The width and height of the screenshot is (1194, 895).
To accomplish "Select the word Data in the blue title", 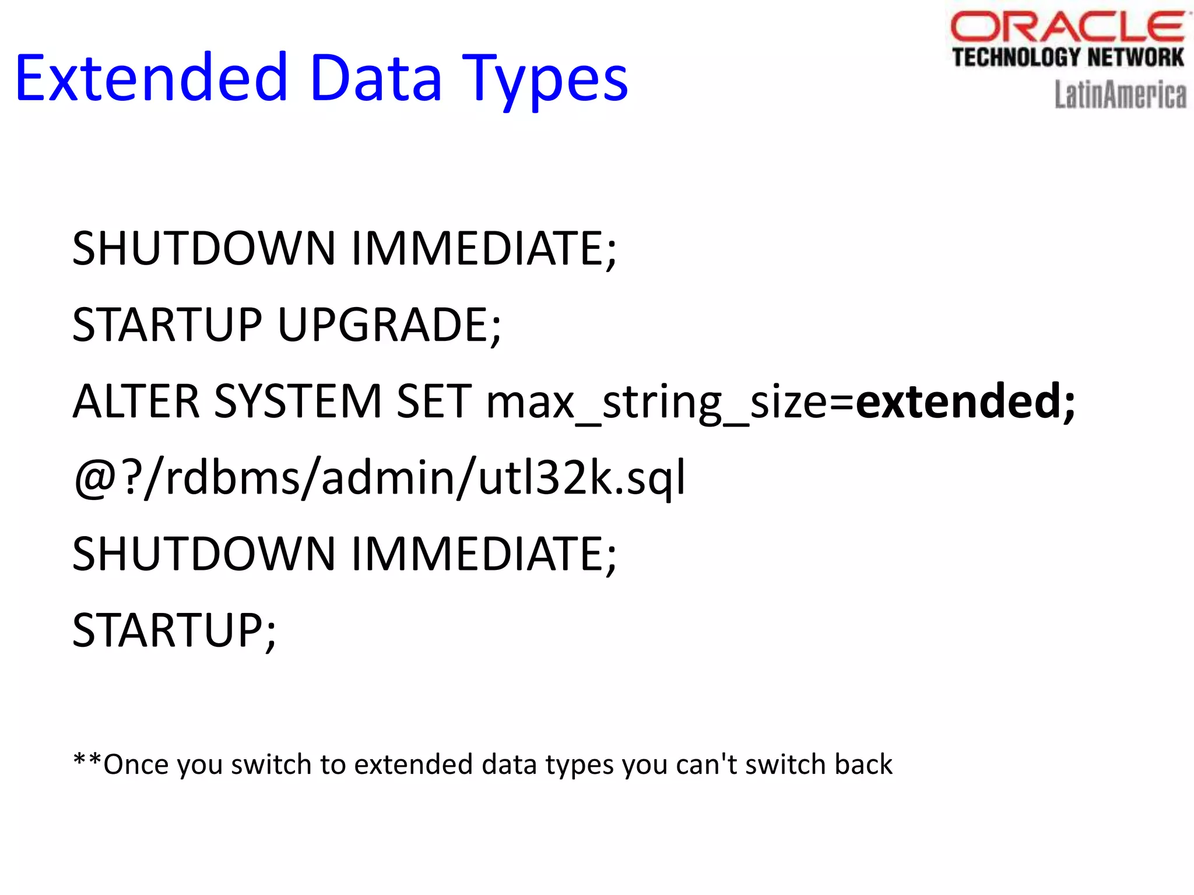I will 375,78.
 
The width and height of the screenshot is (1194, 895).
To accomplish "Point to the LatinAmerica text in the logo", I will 1120,95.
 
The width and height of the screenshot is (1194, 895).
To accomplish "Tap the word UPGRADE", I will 388,325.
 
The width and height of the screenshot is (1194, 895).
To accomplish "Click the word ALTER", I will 136,401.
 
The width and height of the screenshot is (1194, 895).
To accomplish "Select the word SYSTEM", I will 298,401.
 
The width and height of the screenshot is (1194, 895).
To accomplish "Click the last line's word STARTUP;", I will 174,631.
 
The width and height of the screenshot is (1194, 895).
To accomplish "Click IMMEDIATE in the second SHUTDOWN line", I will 483,554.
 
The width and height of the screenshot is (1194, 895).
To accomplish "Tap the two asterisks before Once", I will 87,760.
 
